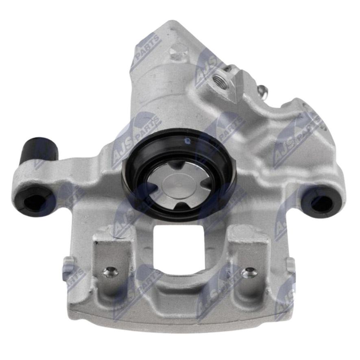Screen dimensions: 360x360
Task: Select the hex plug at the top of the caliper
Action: (177, 52)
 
